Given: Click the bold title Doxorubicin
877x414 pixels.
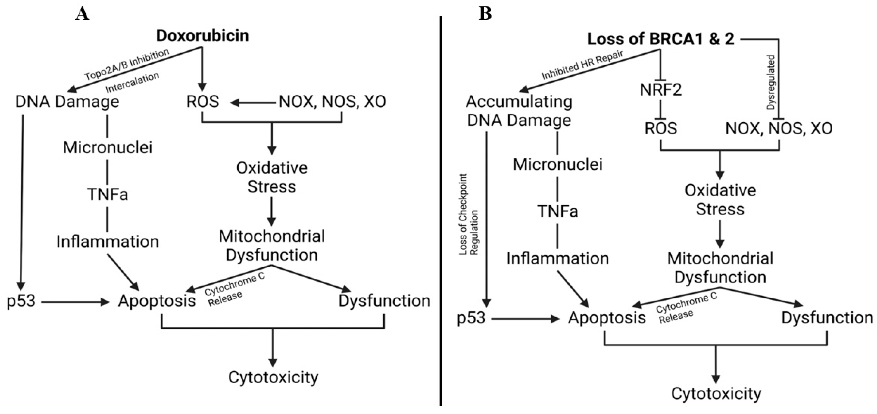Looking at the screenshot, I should pyautogui.click(x=202, y=36).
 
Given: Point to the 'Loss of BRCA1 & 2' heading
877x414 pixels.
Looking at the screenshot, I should pyautogui.click(x=660, y=39).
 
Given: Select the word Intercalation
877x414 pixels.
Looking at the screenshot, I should pyautogui.click(x=132, y=82).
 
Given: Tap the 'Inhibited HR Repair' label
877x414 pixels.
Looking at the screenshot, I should pyautogui.click(x=582, y=65).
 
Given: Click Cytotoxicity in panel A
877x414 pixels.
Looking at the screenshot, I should pyautogui.click(x=273, y=377).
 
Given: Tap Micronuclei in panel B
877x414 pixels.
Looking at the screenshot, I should pyautogui.click(x=558, y=165).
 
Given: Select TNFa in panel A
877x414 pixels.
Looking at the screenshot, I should pyautogui.click(x=108, y=195).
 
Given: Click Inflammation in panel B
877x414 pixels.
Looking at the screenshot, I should pyautogui.click(x=557, y=259).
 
